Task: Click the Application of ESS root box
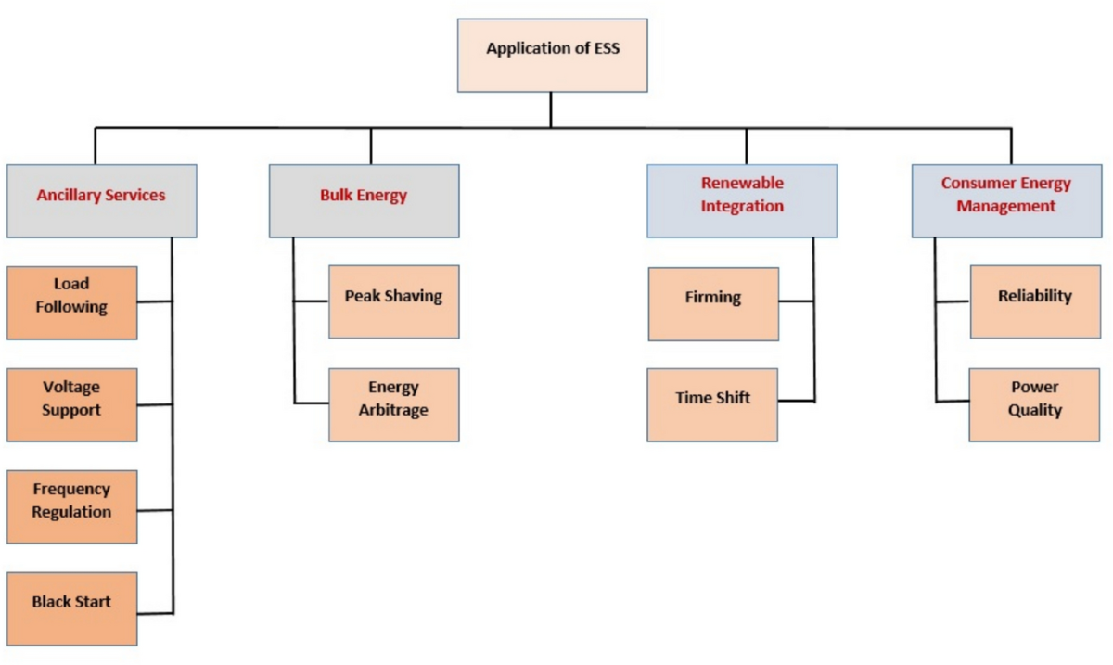552,55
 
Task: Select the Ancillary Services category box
101,200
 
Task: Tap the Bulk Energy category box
364,200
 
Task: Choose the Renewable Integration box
742,200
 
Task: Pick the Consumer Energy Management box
1006,200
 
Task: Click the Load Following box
71,302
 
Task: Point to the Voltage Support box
71,404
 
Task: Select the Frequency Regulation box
71,506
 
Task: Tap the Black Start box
71,608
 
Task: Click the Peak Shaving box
393,301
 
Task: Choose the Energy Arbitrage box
393,404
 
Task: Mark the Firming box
713,303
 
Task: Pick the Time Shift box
712,404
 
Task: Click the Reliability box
1034,301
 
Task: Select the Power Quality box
1034,404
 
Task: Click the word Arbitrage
393,410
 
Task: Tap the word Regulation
71,512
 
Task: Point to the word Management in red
1006,207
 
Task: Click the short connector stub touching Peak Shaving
312,301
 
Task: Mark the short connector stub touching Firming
797,301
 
